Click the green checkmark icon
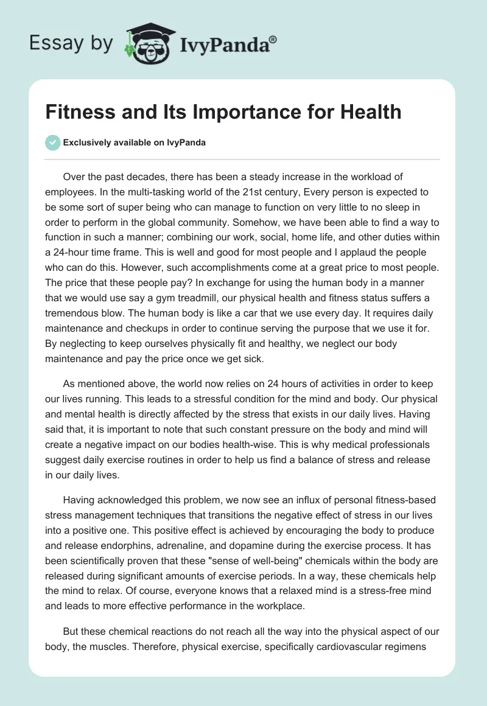[x=52, y=142]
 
